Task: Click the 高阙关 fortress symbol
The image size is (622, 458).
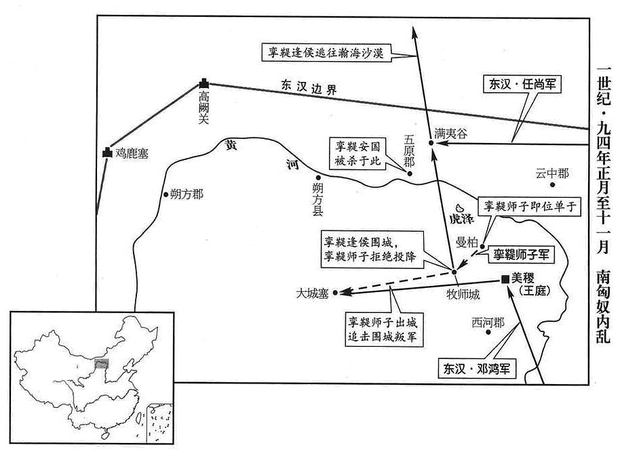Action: coord(204,83)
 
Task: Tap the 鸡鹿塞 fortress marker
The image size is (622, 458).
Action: coord(107,152)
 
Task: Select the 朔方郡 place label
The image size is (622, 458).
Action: coord(187,194)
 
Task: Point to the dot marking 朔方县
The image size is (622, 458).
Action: coord(317,178)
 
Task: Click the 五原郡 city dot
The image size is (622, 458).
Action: coord(410,173)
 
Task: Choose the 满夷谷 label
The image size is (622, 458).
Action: coord(450,133)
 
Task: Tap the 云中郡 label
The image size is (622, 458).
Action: coord(552,173)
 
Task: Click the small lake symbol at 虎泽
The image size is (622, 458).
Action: coord(460,207)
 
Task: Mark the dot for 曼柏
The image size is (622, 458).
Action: coord(482,247)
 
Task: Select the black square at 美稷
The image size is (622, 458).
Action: coord(505,279)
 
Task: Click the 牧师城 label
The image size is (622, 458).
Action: coord(463,294)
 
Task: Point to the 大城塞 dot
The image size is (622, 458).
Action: coord(336,293)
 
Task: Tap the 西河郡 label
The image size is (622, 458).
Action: coord(488,323)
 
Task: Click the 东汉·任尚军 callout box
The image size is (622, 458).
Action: coord(522,84)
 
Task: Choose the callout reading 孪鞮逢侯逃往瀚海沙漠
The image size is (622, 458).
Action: coord(326,52)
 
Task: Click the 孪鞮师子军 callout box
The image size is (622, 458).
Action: coord(521,254)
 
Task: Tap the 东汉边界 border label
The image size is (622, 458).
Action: coord(309,87)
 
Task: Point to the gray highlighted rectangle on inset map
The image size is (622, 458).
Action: coord(102,363)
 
